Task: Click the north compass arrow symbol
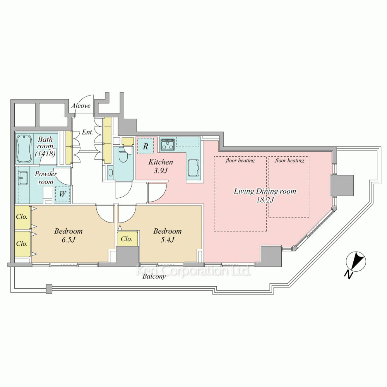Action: [x=356, y=262]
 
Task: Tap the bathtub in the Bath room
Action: [x=24, y=149]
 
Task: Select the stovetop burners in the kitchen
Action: [x=168, y=144]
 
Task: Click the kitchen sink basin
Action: [x=193, y=168]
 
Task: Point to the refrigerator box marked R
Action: [x=146, y=146]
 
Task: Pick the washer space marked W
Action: [x=62, y=194]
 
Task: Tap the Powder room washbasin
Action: [x=24, y=178]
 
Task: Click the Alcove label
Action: [x=81, y=106]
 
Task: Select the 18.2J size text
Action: [x=265, y=200]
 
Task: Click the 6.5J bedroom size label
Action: [x=68, y=240]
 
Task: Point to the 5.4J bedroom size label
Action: [x=168, y=240]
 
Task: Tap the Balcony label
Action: [x=154, y=276]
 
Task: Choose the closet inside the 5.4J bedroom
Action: [x=127, y=239]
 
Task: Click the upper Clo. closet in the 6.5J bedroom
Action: [x=22, y=217]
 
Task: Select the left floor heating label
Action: [x=240, y=161]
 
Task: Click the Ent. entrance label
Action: [x=87, y=132]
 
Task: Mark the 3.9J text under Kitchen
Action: [x=161, y=171]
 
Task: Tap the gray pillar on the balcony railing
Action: [x=49, y=289]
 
